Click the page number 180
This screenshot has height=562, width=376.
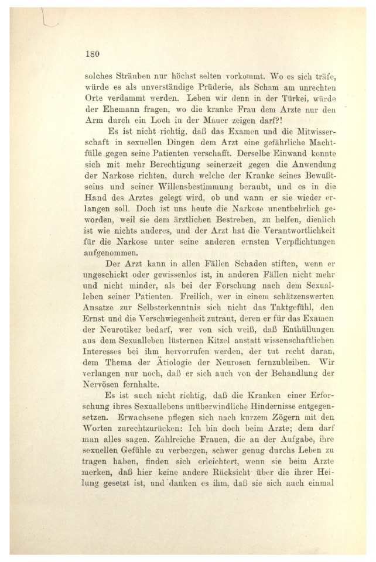(94, 53)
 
